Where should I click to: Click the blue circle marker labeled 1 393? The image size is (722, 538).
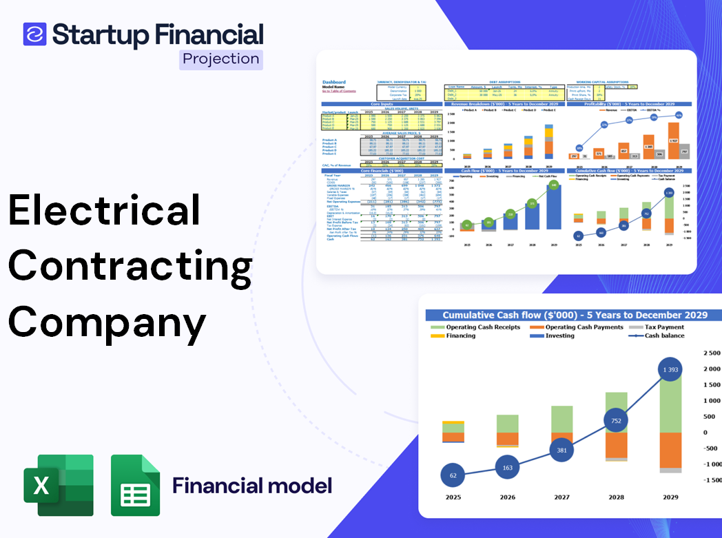tap(666, 370)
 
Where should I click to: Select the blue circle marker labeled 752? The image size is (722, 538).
tap(615, 421)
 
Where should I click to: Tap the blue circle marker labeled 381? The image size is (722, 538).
tap(562, 450)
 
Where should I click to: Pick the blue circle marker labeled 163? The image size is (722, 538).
tap(507, 468)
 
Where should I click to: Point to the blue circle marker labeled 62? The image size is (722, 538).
tap(452, 475)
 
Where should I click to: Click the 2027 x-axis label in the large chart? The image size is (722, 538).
tap(562, 497)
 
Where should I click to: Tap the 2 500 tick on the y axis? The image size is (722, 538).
tap(711, 353)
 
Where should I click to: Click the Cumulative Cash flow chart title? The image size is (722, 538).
tap(575, 315)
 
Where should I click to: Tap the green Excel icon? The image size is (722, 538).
tap(59, 485)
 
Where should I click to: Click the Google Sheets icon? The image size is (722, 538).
tap(136, 485)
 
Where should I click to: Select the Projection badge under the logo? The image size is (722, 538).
tap(220, 59)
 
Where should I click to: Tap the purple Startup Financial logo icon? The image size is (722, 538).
tap(34, 34)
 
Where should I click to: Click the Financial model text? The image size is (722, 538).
tap(252, 486)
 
